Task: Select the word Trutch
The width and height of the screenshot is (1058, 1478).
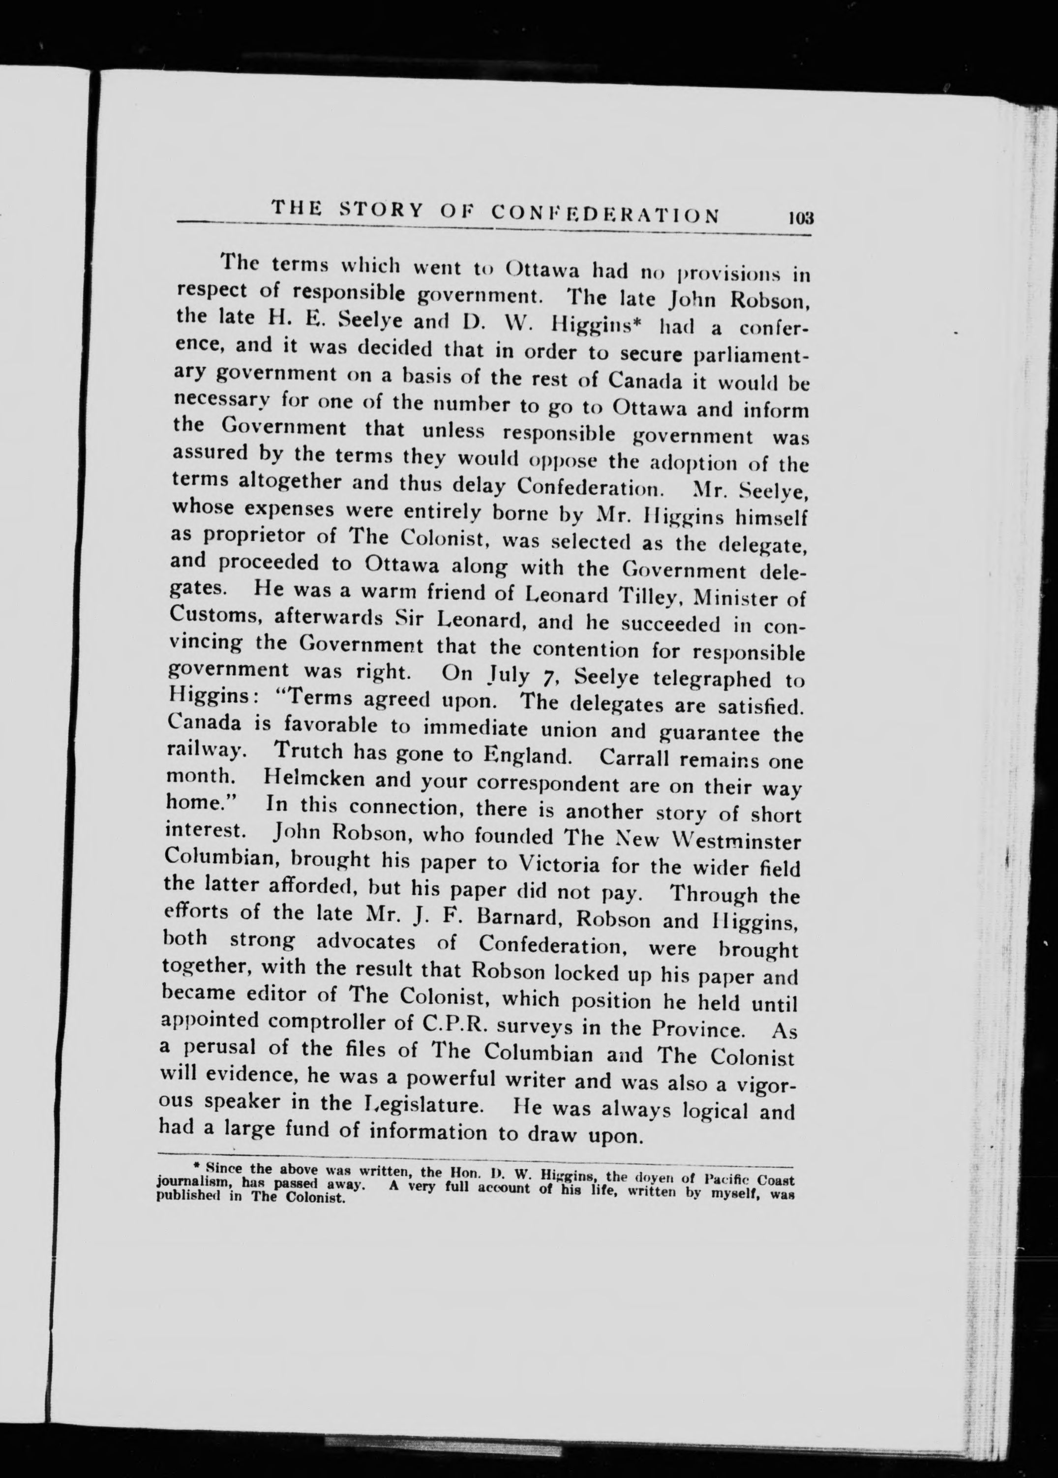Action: coord(309,751)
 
